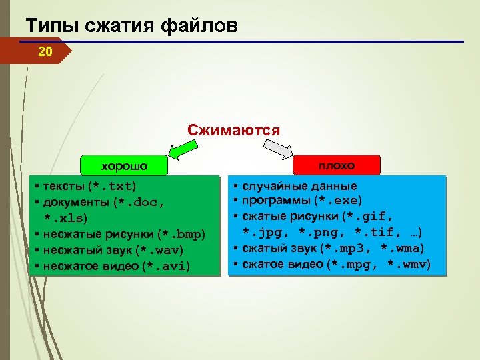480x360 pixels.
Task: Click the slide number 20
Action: pyautogui.click(x=45, y=51)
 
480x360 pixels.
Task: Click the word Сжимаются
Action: pyautogui.click(x=233, y=129)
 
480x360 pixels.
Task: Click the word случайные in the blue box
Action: pyautogui.click(x=271, y=185)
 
